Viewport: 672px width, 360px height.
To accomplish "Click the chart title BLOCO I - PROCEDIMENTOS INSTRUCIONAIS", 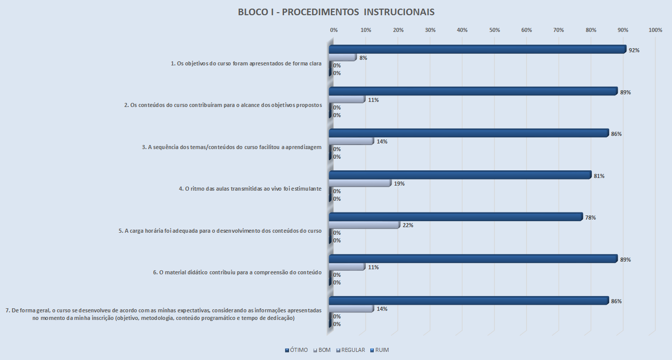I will [x=336, y=12].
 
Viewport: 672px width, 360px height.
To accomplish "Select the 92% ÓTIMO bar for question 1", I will [x=477, y=50].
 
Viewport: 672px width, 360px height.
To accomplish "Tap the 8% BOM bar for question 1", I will [x=342, y=57].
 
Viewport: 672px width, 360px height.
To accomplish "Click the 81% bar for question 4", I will [x=459, y=175].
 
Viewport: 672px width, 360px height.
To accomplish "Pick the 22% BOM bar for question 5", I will [x=364, y=225].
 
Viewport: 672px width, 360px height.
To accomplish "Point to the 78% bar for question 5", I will [x=455, y=217].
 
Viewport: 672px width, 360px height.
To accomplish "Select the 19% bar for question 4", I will [x=360, y=183].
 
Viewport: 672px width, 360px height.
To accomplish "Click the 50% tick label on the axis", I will [x=494, y=30].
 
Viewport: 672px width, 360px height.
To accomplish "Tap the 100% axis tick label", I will [x=655, y=30].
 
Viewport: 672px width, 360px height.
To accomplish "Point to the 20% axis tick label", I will [x=398, y=30].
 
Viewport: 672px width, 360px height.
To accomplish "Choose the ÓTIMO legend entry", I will [x=296, y=350].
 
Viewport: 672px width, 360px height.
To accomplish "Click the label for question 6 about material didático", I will [x=237, y=272].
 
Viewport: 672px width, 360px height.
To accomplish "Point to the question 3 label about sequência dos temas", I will [x=231, y=147].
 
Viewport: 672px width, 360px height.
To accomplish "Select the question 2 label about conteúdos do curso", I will [x=223, y=105].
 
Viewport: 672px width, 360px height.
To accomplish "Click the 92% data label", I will [x=633, y=50].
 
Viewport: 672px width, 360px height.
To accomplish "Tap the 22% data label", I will [x=408, y=225].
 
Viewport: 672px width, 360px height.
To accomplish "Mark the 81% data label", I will [x=599, y=176].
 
